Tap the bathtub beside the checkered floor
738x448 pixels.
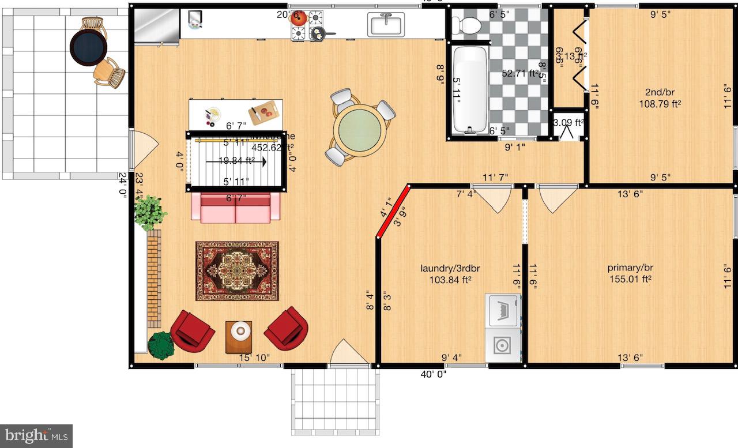coord(469,89)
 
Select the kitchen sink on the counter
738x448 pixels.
coord(387,24)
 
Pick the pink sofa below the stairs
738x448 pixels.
coord(235,208)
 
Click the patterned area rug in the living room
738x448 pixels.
coord(237,271)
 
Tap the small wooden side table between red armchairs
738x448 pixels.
coord(239,336)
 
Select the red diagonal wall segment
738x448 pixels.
coord(393,211)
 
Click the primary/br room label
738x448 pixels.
coord(630,268)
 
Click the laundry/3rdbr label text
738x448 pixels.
coord(450,268)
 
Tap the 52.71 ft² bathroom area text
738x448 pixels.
coord(519,73)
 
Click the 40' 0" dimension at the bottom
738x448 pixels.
coord(434,374)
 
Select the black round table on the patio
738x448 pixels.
coord(89,47)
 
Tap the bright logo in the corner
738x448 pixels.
coord(36,436)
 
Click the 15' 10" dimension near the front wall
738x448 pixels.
coord(255,358)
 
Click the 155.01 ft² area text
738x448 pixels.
coord(630,279)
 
